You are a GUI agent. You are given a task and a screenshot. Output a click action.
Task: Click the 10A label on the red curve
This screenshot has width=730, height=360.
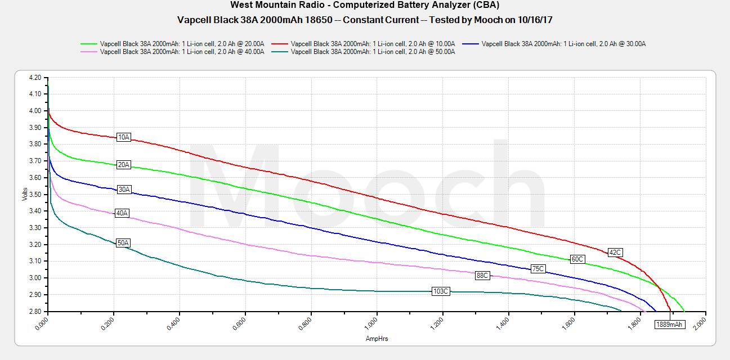[x=124, y=137]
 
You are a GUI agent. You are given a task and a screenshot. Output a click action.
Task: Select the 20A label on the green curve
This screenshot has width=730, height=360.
[x=124, y=165]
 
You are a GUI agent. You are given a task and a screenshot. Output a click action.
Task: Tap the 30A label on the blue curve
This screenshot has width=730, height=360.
[x=124, y=190]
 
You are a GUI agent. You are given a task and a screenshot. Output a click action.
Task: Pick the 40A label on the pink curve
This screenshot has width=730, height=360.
[x=122, y=213]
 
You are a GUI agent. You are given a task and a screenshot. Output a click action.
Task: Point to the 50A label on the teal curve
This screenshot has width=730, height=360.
[x=123, y=243]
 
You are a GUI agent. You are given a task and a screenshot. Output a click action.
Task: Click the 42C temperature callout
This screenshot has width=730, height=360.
[x=615, y=253]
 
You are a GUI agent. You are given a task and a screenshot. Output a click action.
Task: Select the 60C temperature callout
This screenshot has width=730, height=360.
[x=577, y=259]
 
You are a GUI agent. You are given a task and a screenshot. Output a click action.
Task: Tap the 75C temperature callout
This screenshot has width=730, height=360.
[x=538, y=269]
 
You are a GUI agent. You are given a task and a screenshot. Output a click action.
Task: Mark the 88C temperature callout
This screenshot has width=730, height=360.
[x=482, y=276]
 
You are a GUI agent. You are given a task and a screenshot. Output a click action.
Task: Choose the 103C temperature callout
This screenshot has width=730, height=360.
[x=441, y=291]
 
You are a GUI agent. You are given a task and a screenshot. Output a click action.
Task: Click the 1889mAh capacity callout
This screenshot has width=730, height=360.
[x=670, y=324]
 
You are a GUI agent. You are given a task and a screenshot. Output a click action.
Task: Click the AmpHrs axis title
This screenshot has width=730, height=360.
[x=377, y=339]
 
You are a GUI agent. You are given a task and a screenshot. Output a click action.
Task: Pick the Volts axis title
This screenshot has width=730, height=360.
[x=24, y=194]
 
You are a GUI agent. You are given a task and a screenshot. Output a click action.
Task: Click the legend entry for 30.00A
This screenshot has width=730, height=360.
[x=563, y=43]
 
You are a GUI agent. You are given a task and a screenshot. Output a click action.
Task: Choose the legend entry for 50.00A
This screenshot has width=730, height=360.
[x=372, y=52]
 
